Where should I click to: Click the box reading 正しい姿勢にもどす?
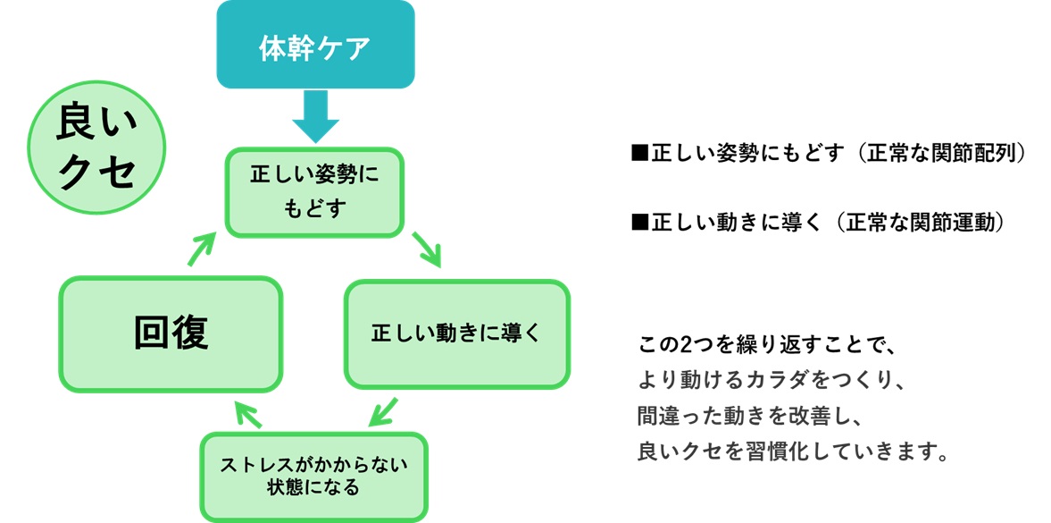(314, 193)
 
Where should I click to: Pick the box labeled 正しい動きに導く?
(456, 334)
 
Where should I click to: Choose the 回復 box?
(171, 333)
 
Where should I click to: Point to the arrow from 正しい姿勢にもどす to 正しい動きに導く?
(427, 249)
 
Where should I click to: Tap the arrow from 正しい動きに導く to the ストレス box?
(384, 410)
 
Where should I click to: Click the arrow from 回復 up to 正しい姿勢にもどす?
(202, 248)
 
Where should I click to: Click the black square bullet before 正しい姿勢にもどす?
(638, 154)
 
